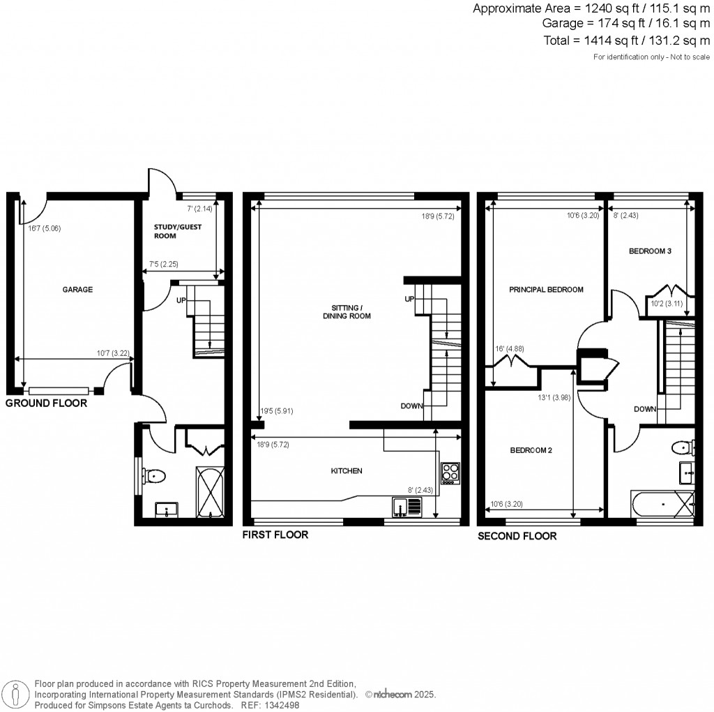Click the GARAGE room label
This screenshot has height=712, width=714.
click(77, 290)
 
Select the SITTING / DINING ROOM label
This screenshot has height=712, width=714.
click(347, 311)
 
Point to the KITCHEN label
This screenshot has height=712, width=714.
click(347, 471)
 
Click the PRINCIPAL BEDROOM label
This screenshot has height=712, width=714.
click(546, 289)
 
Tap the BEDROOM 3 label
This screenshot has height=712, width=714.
click(649, 251)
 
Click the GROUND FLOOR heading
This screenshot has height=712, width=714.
click(47, 403)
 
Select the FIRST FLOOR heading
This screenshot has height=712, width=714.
click(275, 535)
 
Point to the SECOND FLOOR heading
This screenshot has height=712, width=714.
click(517, 536)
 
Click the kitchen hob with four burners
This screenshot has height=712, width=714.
click(450, 473)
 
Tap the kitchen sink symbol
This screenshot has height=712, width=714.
click(401, 506)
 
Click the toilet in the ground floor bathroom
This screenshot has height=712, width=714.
click(154, 477)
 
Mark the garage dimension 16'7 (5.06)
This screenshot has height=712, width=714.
click(40, 228)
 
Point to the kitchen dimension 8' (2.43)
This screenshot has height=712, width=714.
click(421, 490)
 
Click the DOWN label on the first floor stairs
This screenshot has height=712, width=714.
click(411, 406)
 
